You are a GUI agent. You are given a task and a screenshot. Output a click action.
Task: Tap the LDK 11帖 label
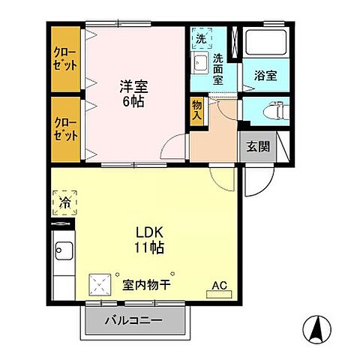pyautogui.click(x=149, y=238)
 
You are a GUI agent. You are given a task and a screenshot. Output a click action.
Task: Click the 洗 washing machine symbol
pyautogui.click(x=200, y=37)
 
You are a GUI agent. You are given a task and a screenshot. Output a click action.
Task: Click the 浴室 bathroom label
pyautogui.click(x=265, y=76)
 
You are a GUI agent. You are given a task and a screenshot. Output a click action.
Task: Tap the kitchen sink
pyautogui.click(x=63, y=251)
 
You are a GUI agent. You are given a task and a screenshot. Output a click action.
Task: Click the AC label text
pyautogui.click(x=219, y=285)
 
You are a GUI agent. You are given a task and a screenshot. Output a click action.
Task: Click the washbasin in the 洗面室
pyautogui.click(x=199, y=63)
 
